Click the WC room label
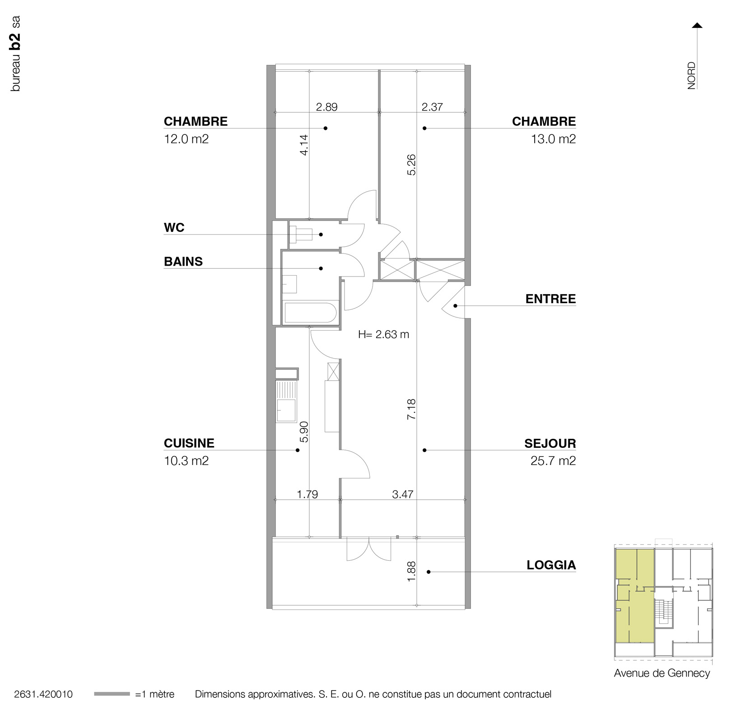tap(174, 227)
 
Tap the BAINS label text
tap(183, 262)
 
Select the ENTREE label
tap(550, 299)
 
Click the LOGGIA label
tap(551, 565)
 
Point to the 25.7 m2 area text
tap(553, 461)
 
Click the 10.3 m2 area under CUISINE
tap(186, 461)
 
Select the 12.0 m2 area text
tap(186, 138)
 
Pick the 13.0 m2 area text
tap(553, 138)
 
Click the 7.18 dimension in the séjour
tap(411, 409)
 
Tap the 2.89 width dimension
tap(326, 107)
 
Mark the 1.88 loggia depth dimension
tap(411, 571)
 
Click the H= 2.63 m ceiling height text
tap(383, 334)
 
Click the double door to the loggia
tap(368, 549)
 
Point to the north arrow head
tap(697, 25)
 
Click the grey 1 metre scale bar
tap(112, 694)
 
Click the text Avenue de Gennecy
tap(661, 673)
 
